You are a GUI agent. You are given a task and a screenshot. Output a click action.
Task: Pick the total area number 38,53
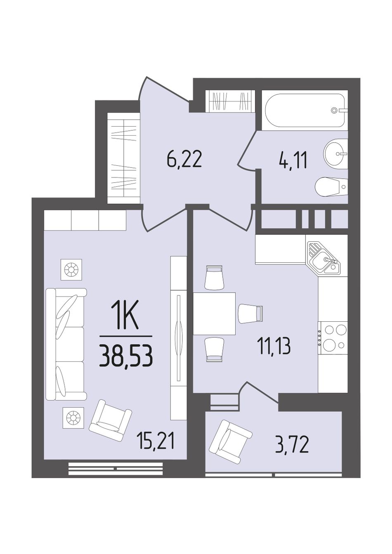coord(125,356)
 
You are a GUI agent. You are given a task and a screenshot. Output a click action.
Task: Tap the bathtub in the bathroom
coord(305,110)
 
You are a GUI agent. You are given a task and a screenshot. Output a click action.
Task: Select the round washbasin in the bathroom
coord(335,153)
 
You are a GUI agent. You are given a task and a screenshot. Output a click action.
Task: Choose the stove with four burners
coord(333,337)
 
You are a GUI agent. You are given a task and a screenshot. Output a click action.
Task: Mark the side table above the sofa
coord(71,270)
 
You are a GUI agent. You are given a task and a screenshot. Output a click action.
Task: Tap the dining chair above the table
coord(214,278)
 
